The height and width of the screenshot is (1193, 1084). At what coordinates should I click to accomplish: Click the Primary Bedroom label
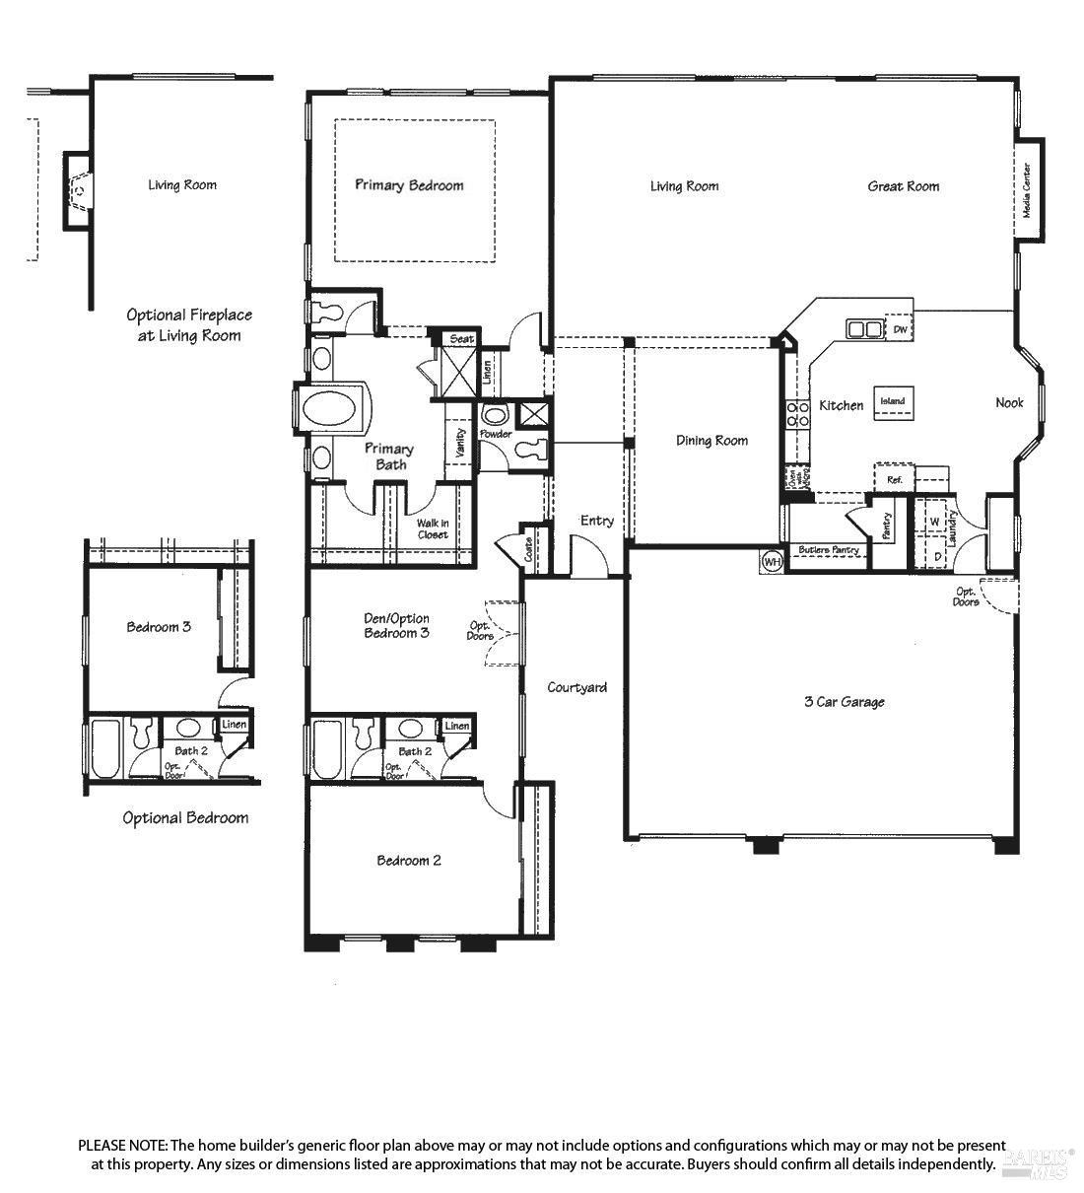pyautogui.click(x=409, y=185)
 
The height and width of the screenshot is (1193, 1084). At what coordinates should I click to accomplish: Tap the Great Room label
pyautogui.click(x=903, y=185)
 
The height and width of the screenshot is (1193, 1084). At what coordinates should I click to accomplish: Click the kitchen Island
pyautogui.click(x=892, y=402)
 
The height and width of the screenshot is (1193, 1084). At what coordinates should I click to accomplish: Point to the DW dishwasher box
pyautogui.click(x=900, y=328)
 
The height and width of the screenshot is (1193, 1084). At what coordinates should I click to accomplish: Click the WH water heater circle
pyautogui.click(x=771, y=562)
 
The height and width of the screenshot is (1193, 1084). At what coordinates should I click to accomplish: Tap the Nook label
pyautogui.click(x=1009, y=402)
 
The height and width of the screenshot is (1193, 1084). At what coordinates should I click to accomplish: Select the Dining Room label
pyautogui.click(x=711, y=441)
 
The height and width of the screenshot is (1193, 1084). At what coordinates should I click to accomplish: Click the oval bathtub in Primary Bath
pyautogui.click(x=332, y=409)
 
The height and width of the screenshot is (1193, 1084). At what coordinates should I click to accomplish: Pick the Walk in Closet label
pyautogui.click(x=432, y=528)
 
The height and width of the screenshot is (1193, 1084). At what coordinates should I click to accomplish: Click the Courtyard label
pyautogui.click(x=576, y=687)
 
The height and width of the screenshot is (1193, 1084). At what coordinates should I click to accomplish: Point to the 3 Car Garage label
pyautogui.click(x=844, y=702)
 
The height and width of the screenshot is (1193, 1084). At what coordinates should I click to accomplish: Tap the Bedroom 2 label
pyautogui.click(x=409, y=861)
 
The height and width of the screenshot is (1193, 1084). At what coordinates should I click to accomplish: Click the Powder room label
pyautogui.click(x=495, y=434)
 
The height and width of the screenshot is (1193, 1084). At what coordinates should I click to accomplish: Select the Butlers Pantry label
pyautogui.click(x=829, y=550)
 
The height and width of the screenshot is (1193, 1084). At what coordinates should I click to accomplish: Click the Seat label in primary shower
pyautogui.click(x=461, y=339)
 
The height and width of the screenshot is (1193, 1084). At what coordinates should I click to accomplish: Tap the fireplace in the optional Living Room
pyautogui.click(x=79, y=190)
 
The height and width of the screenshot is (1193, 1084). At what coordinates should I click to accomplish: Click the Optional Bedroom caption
pyautogui.click(x=185, y=817)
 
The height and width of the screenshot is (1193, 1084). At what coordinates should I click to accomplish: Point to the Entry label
pyautogui.click(x=597, y=521)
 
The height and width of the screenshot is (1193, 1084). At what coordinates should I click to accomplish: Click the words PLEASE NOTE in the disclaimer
pyautogui.click(x=123, y=1146)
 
